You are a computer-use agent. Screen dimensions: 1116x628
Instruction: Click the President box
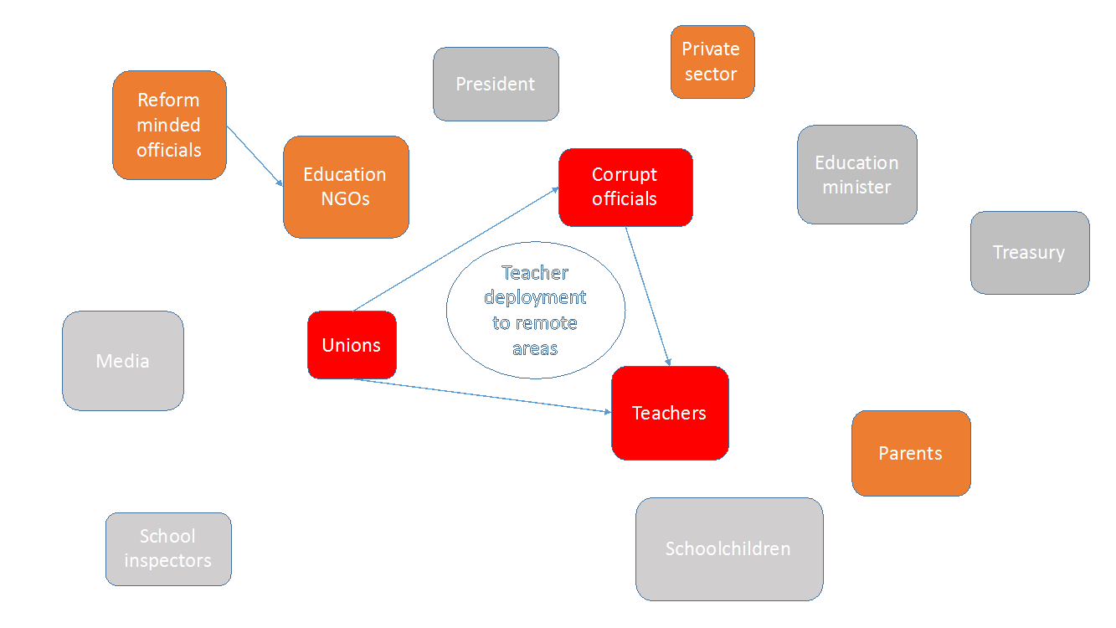point(496,85)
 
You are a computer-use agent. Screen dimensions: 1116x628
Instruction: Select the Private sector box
point(712,62)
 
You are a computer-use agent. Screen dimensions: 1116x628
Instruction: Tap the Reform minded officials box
point(169,125)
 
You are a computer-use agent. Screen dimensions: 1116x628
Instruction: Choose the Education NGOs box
point(346,187)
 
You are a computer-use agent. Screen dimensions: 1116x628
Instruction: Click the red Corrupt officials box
point(625,188)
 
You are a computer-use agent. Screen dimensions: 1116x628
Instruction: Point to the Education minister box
point(857,174)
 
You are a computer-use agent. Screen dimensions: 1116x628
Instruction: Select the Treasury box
point(1030,253)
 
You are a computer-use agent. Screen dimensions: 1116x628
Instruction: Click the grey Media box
point(123,361)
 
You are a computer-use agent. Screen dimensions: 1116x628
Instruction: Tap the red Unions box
point(352,345)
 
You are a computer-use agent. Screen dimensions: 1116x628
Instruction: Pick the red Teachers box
point(670,413)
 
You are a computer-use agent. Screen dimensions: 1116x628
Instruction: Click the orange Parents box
point(911,454)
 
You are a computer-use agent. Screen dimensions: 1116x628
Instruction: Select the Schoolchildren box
point(729,549)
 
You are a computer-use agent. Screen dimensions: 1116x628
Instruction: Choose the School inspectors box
point(168,549)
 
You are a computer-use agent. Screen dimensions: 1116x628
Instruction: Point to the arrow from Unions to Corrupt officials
point(455,250)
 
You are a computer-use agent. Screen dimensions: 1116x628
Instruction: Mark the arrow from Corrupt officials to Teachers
point(648,296)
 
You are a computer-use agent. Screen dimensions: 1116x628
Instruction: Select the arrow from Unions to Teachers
point(481,396)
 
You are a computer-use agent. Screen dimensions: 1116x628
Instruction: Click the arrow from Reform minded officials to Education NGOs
point(255,156)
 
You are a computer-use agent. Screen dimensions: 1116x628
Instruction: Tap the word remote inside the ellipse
point(546,323)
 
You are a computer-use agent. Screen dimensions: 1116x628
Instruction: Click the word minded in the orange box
point(168,125)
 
